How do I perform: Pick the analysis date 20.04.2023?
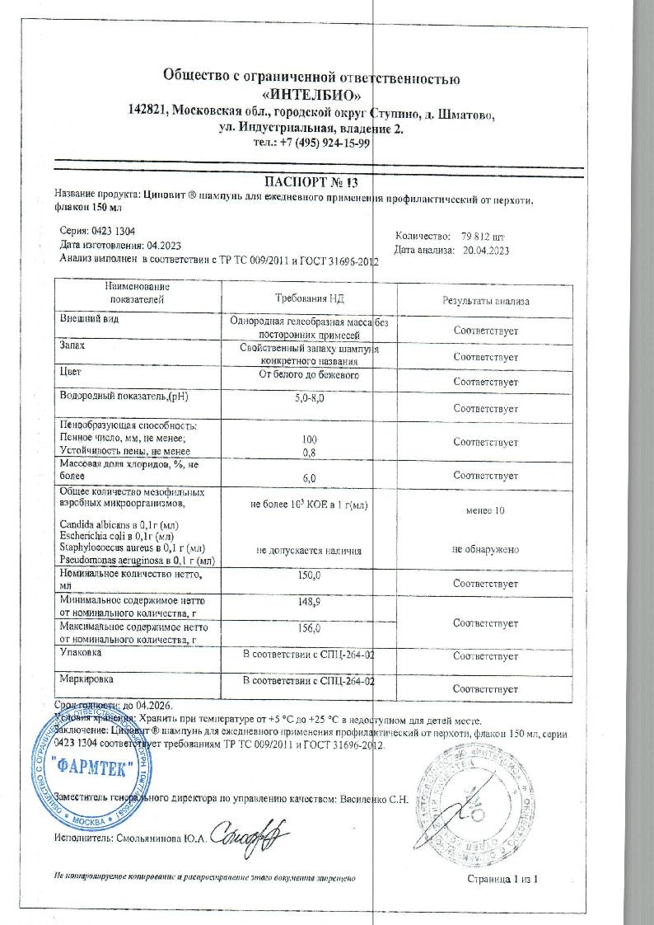tap(494, 250)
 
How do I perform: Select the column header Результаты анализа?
tap(485, 302)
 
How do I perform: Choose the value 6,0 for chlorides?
tap(310, 477)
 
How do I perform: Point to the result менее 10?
tap(485, 511)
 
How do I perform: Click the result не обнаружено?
tap(485, 549)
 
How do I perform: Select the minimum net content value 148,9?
tap(310, 603)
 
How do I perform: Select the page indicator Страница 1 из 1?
tap(502, 880)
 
